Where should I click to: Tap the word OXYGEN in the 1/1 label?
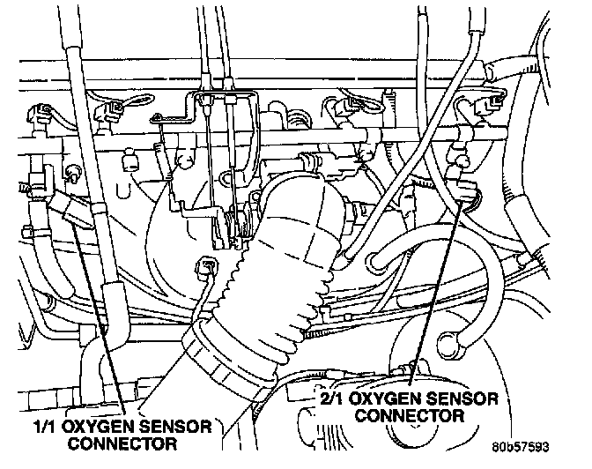(x=96, y=427)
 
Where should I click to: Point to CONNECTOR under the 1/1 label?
(x=122, y=443)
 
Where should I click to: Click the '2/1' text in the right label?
(x=331, y=399)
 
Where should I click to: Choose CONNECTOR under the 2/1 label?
(x=410, y=416)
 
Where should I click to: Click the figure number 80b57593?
(x=521, y=447)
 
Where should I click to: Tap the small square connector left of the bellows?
(x=207, y=267)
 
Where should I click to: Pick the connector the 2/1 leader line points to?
(x=467, y=190)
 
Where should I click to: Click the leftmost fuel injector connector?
(x=39, y=113)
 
